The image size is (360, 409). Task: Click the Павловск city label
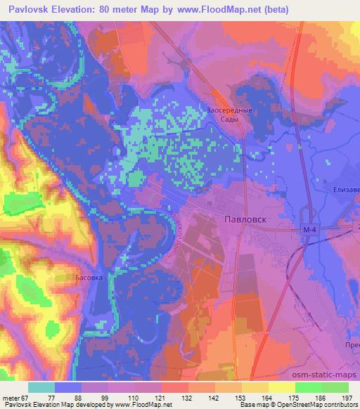(246, 219)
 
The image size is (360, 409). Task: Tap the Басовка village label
(89, 278)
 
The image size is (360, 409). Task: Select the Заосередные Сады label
(229, 115)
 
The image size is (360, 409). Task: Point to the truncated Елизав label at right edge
(346, 190)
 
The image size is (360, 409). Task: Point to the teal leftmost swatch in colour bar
(41, 387)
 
